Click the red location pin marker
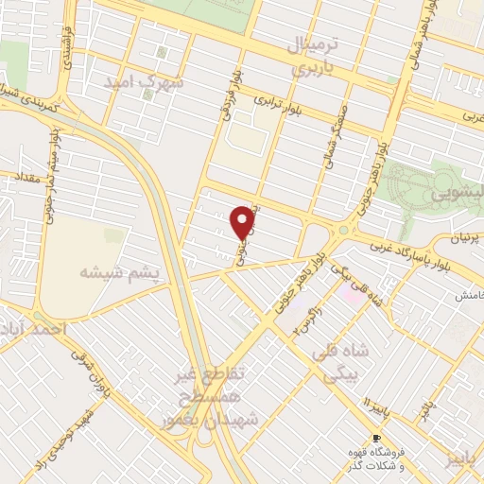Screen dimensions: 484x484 tap(245, 223)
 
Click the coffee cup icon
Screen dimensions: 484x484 tap(375, 440)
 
